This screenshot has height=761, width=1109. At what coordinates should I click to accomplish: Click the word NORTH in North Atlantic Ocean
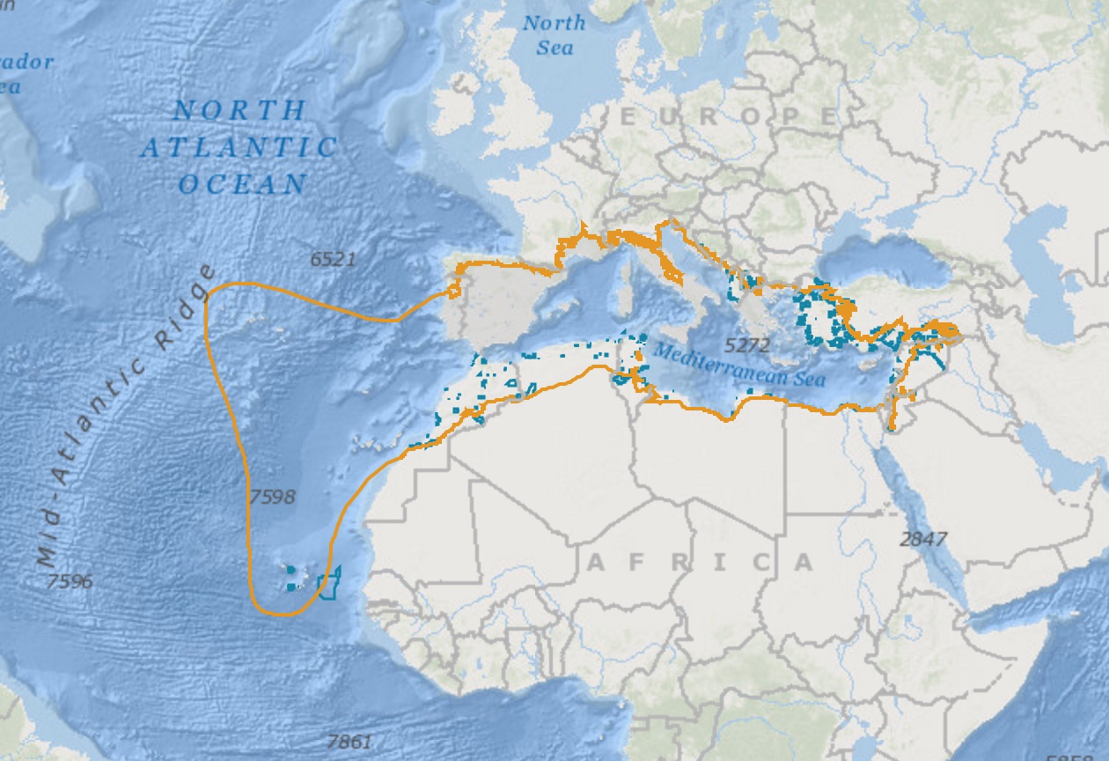pyautogui.click(x=239, y=111)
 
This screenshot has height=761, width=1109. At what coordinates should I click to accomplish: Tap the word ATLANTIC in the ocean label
pyautogui.click(x=239, y=147)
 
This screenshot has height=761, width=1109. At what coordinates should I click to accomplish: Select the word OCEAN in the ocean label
pyautogui.click(x=243, y=184)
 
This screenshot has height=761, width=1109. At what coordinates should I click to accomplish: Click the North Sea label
pyautogui.click(x=554, y=35)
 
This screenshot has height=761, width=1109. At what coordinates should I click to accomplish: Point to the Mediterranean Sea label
pyautogui.click(x=739, y=365)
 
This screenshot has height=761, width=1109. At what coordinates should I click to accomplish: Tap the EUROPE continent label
pyautogui.click(x=729, y=116)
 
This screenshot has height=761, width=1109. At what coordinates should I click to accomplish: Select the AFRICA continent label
pyautogui.click(x=700, y=562)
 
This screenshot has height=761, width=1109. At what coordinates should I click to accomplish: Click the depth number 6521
pyautogui.click(x=333, y=259)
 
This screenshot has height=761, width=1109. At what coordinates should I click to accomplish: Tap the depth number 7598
pyautogui.click(x=272, y=497)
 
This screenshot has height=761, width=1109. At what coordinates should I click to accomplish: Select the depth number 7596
pyautogui.click(x=70, y=581)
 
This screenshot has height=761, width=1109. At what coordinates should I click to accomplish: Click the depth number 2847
pyautogui.click(x=923, y=539)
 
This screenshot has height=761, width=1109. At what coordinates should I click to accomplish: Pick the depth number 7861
pyautogui.click(x=349, y=742)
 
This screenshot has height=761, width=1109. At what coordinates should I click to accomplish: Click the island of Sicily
pyautogui.click(x=663, y=333)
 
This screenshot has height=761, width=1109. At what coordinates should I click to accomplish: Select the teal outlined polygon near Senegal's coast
pyautogui.click(x=328, y=584)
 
